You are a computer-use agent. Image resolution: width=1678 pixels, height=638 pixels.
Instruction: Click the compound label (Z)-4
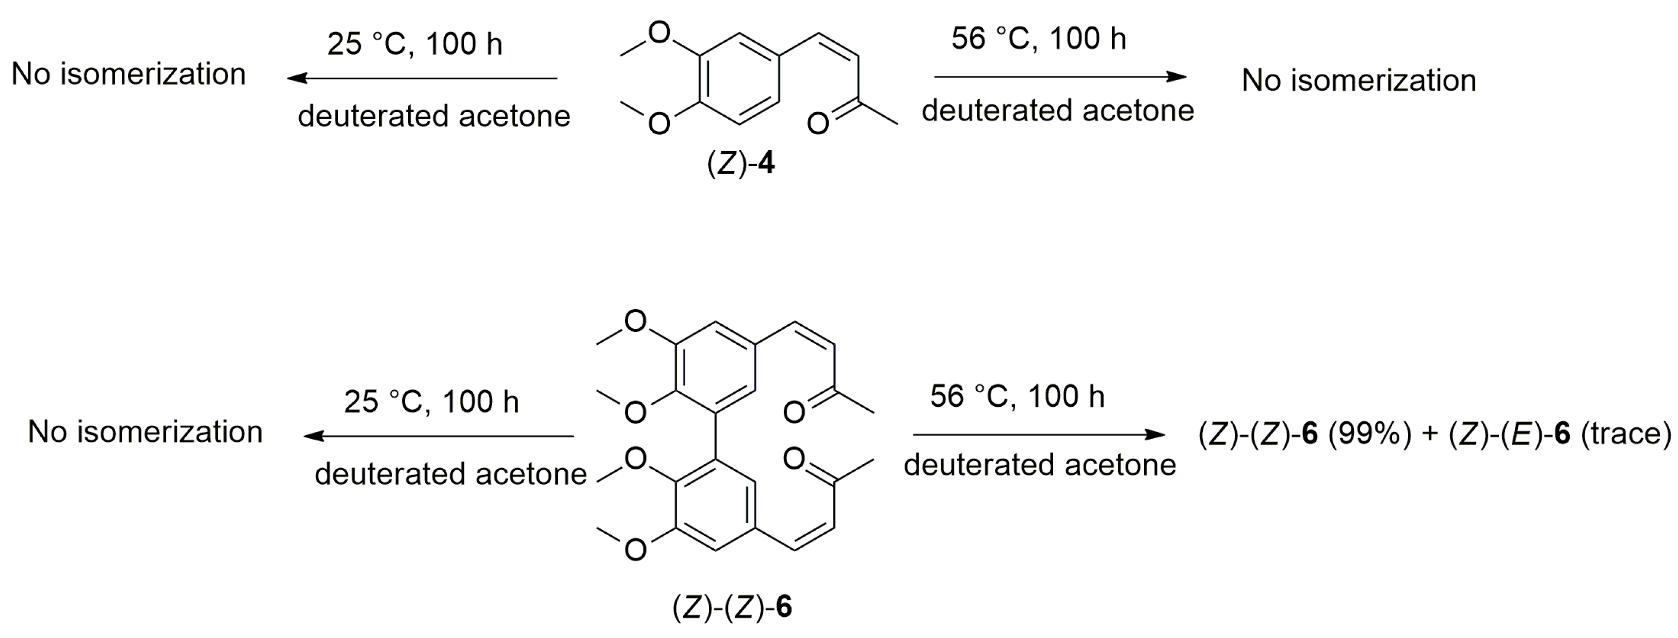[x=740, y=164]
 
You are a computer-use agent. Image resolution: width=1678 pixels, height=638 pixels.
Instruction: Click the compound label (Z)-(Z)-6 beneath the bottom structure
[x=732, y=607]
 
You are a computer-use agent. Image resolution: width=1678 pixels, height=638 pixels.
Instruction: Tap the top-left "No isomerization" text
[x=129, y=74]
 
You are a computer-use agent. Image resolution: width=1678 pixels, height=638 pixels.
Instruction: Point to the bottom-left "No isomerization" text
[x=146, y=432]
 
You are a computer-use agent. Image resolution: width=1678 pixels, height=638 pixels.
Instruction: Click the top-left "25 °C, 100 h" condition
[x=415, y=44]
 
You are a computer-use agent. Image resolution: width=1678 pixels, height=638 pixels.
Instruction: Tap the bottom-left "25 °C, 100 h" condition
[x=431, y=402]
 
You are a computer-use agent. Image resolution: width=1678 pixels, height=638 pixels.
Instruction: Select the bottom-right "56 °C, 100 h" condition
[x=1018, y=396]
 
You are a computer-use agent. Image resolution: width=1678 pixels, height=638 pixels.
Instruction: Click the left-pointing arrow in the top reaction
[x=422, y=79]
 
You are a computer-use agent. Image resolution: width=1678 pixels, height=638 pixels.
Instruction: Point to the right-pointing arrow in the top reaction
[x=1060, y=77]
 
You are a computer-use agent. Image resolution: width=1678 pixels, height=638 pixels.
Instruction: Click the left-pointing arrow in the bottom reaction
[x=439, y=436]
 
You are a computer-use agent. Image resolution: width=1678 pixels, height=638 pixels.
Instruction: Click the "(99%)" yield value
[x=1369, y=434]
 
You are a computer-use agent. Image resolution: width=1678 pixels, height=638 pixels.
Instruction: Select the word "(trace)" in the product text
[x=1626, y=434]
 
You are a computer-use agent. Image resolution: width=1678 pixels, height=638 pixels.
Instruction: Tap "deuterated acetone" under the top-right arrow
[x=1058, y=111]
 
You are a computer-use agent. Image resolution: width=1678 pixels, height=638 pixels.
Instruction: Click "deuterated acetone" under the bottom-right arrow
[x=1040, y=465]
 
